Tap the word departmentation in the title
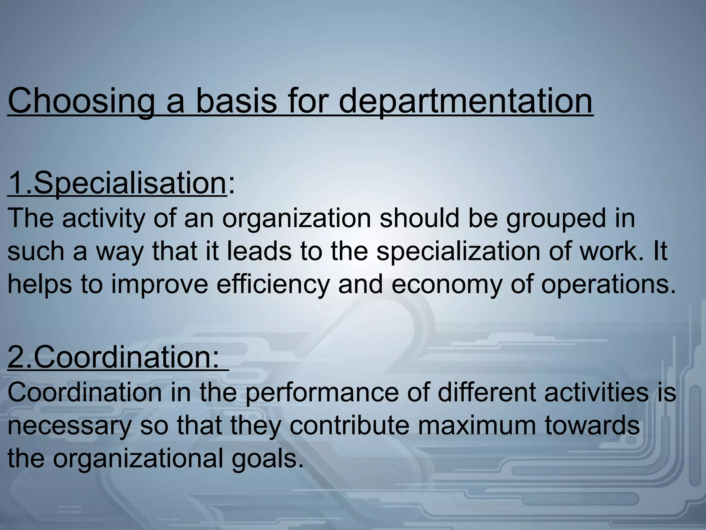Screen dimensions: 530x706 (466, 101)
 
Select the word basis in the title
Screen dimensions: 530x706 (236, 101)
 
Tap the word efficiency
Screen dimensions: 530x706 (273, 284)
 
